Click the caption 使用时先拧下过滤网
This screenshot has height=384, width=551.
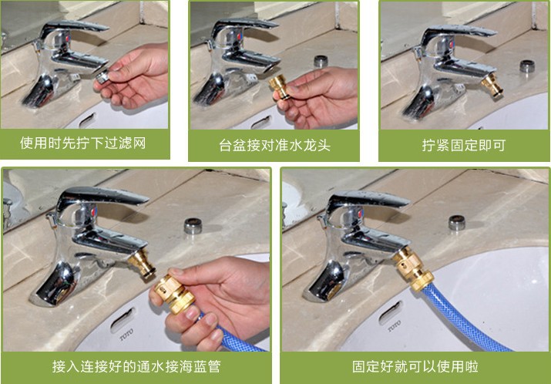(82, 143)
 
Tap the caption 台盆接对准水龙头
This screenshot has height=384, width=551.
(275, 145)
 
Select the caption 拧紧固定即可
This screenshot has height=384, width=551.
(464, 145)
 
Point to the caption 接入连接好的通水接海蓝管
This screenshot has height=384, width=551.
(136, 366)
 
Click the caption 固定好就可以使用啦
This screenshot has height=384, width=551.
(415, 366)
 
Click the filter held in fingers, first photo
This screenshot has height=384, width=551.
(102, 76)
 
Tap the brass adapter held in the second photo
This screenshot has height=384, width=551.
(280, 86)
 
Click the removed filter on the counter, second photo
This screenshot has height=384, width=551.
(321, 61)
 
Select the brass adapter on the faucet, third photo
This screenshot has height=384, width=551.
(492, 85)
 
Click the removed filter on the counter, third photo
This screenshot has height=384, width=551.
(527, 66)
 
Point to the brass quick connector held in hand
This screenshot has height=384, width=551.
(175, 293)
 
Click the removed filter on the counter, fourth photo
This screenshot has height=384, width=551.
(193, 226)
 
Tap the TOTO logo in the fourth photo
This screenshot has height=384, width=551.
(126, 334)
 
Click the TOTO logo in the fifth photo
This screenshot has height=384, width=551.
(395, 326)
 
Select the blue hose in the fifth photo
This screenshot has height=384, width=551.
(463, 319)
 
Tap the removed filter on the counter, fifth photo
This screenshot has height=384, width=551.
(457, 223)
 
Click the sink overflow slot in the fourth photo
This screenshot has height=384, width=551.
(123, 319)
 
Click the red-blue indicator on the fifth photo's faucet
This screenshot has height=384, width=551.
(359, 214)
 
